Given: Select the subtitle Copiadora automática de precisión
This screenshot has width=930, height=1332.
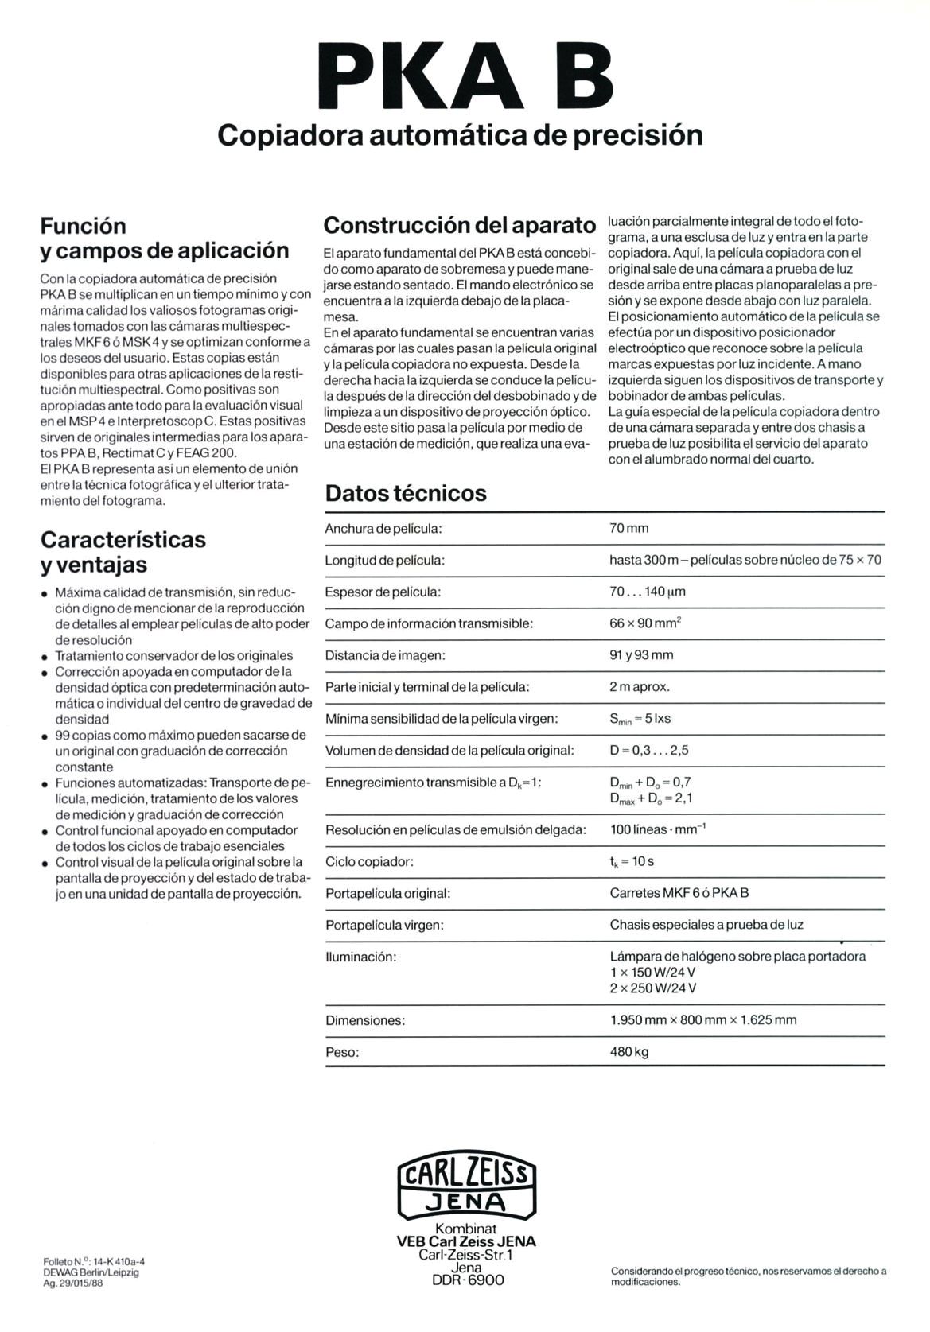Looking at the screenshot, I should click(461, 135).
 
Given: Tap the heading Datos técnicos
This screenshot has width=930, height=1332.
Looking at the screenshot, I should click(406, 493).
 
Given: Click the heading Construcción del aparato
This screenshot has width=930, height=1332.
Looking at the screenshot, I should click(460, 226).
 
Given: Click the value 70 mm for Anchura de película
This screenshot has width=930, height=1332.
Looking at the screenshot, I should click(628, 529).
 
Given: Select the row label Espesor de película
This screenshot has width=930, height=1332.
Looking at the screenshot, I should click(383, 592).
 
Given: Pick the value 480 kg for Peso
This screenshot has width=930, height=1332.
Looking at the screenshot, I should click(628, 1052).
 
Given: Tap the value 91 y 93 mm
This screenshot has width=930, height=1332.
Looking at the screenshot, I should click(641, 655).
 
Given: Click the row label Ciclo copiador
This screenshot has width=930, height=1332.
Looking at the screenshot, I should click(369, 862).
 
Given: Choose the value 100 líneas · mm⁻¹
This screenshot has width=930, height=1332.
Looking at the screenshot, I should click(658, 829).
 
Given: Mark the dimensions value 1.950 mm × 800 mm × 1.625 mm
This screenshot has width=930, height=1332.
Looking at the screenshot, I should click(703, 1020).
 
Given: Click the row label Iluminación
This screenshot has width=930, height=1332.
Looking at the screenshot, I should click(360, 957).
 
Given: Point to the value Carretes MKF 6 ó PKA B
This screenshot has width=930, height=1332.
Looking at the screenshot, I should click(679, 893).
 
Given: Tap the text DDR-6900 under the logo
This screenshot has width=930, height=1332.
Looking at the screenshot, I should click(467, 1281).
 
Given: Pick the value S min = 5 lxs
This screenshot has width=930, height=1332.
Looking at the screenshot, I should click(640, 719).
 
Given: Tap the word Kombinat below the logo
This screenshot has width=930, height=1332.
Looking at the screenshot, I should click(466, 1229).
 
